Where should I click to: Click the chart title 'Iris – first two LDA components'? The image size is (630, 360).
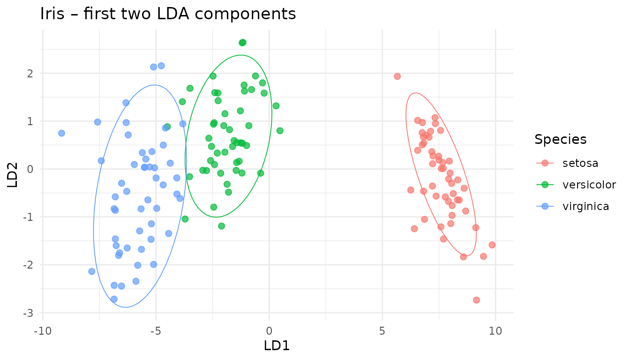point(168,14)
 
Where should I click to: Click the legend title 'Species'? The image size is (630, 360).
point(561,139)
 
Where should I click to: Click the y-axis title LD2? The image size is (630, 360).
point(13,175)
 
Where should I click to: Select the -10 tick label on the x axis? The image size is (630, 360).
point(43,330)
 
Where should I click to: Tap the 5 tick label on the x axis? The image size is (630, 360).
point(382,330)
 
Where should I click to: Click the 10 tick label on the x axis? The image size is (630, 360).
point(495,330)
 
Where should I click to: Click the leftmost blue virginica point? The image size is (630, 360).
point(61,133)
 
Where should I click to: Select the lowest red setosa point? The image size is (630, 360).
point(476,300)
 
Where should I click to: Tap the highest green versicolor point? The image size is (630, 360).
point(242,43)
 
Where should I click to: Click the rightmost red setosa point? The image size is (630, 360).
point(492,245)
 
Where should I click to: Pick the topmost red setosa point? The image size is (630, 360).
point(397,76)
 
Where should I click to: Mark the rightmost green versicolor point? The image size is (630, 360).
point(280,131)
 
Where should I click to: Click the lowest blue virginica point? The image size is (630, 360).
point(114,299)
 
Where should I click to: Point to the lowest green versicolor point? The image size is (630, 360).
point(221,226)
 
